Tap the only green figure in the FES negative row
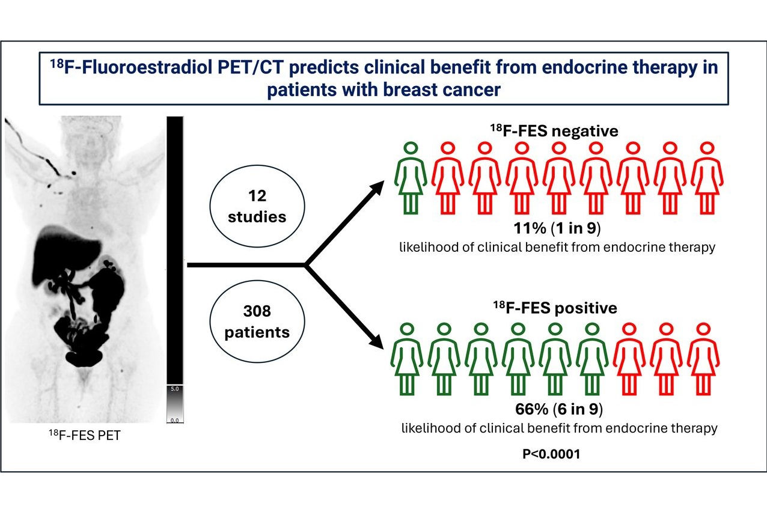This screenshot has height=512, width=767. (x=411, y=178)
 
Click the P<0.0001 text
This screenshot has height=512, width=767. (x=551, y=454)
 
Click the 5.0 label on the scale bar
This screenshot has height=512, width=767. (x=174, y=389)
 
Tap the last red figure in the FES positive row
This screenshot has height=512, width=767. (x=703, y=359)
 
